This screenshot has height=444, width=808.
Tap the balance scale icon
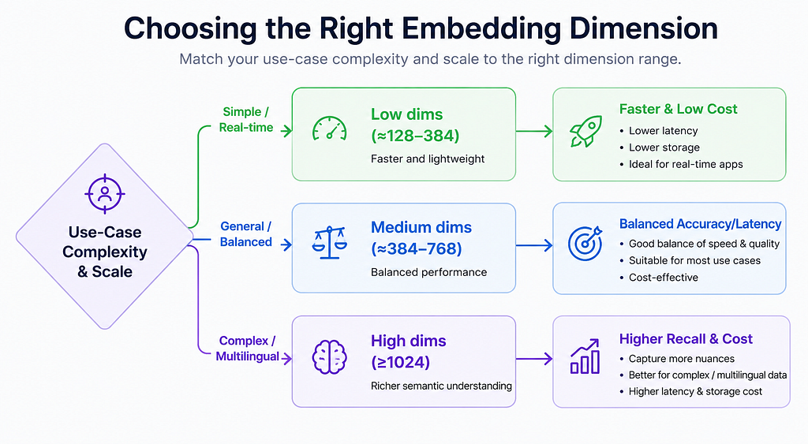pos(329,242)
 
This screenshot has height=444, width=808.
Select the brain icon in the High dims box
pos(329,356)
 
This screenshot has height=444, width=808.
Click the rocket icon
pos(586,132)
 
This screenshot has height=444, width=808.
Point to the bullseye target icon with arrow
pos(585,243)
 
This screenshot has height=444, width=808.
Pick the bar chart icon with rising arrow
pos(585,356)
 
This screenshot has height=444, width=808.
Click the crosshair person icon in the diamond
pos(105,194)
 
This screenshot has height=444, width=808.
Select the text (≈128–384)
pos(415,136)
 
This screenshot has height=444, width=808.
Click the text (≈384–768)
pos(417,248)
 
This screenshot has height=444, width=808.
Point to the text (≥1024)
pos(400,362)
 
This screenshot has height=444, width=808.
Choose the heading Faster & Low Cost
pos(678,109)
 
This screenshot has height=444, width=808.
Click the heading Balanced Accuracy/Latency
pos(701,224)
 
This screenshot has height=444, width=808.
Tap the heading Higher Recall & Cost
pos(686,339)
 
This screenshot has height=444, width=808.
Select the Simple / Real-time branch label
pos(246,120)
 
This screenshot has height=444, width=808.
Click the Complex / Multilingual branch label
pos(247,349)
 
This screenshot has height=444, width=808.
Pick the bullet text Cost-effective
pos(663,277)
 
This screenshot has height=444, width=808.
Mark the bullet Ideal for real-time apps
pos(686,164)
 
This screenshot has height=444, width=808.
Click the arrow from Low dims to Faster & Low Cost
pos(534,132)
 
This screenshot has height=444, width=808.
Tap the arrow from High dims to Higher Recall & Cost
pos(534,359)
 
